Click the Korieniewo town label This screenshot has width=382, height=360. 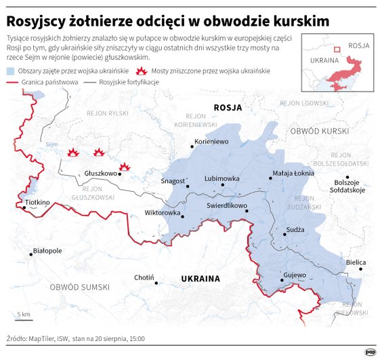211,142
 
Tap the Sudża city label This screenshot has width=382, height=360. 295,230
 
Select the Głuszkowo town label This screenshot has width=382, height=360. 100,174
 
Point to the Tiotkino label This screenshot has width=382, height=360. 37,202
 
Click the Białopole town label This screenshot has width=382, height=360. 47,250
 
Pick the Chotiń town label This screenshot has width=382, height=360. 144,277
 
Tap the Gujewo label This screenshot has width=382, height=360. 295,275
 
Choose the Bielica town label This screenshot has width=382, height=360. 356,262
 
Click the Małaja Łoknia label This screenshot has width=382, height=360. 293,174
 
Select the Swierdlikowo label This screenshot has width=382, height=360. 227,204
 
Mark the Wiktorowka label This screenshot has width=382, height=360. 163,212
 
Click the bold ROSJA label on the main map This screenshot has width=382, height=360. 227,107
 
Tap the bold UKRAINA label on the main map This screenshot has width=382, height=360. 200,279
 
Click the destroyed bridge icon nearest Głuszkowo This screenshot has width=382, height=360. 125,166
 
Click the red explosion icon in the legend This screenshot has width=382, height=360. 142,71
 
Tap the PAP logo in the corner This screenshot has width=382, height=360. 370,351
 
